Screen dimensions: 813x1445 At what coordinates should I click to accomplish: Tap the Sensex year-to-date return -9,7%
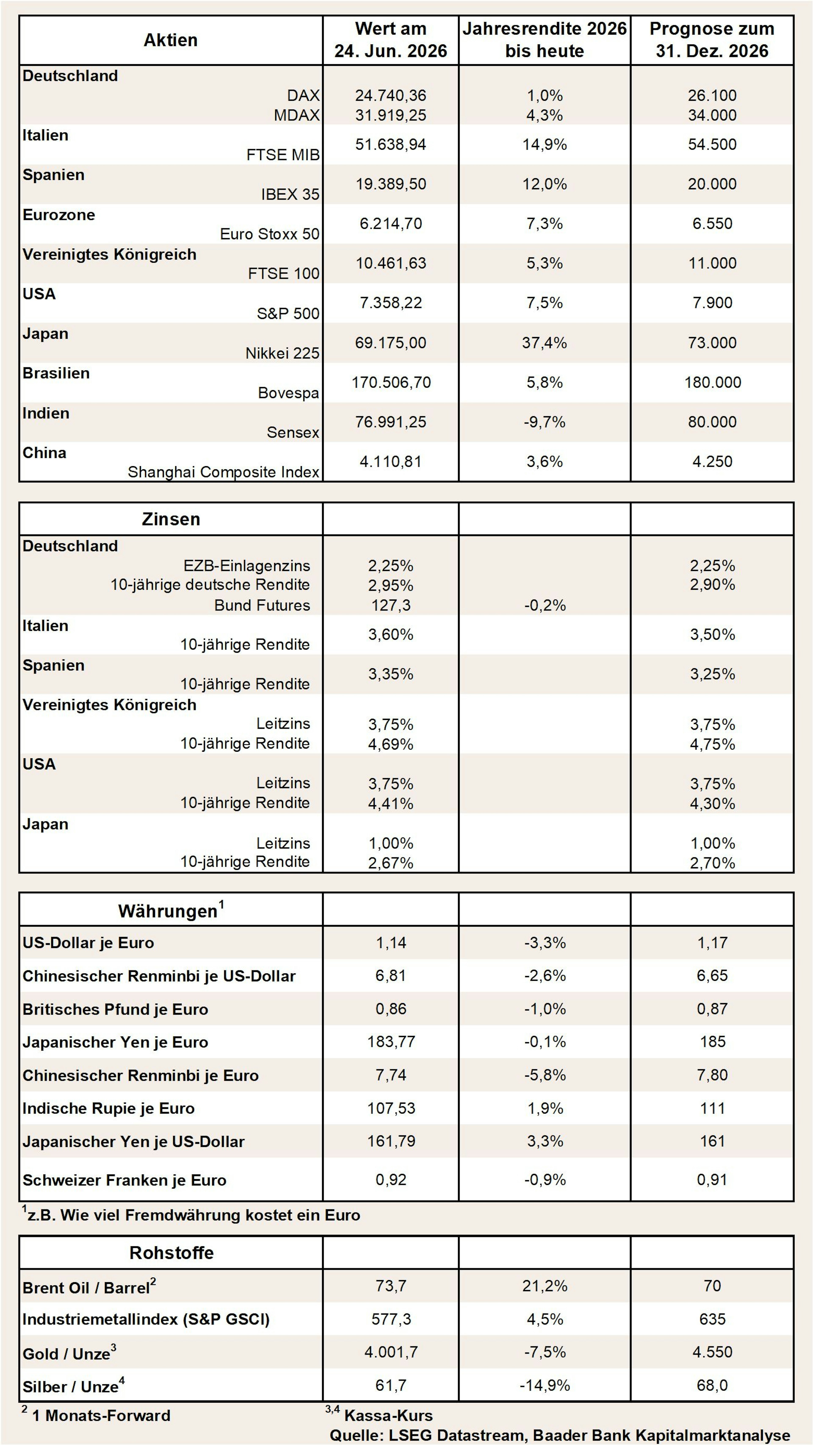(544, 422)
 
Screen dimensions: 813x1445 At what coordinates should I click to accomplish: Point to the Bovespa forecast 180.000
(712, 383)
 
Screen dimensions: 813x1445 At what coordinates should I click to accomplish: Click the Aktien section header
(171, 40)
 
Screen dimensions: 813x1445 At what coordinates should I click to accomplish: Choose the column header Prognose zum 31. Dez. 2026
(712, 40)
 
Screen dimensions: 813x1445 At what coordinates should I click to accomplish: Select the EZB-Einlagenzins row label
(246, 565)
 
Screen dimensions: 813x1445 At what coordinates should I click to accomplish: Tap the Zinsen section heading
(171, 519)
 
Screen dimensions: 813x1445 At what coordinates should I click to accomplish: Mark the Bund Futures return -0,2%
(544, 605)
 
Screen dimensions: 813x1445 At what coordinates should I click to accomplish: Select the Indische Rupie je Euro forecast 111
(712, 1108)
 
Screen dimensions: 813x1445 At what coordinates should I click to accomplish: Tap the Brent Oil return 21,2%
(544, 1286)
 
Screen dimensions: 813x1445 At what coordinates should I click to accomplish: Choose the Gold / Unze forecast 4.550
(712, 1352)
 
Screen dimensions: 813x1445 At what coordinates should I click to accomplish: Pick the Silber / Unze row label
(73, 1386)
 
